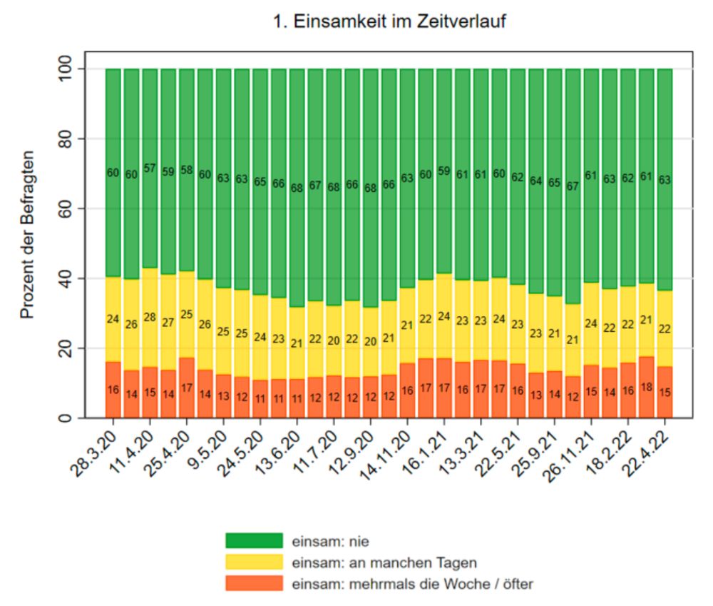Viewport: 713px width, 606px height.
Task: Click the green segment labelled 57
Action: click(x=150, y=168)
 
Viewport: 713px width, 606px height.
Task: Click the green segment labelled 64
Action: click(x=536, y=181)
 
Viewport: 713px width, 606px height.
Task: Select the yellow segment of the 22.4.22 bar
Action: click(x=665, y=329)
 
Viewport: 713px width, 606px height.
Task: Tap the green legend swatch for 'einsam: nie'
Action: click(x=254, y=541)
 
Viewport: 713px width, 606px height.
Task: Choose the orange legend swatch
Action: click(x=254, y=584)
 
